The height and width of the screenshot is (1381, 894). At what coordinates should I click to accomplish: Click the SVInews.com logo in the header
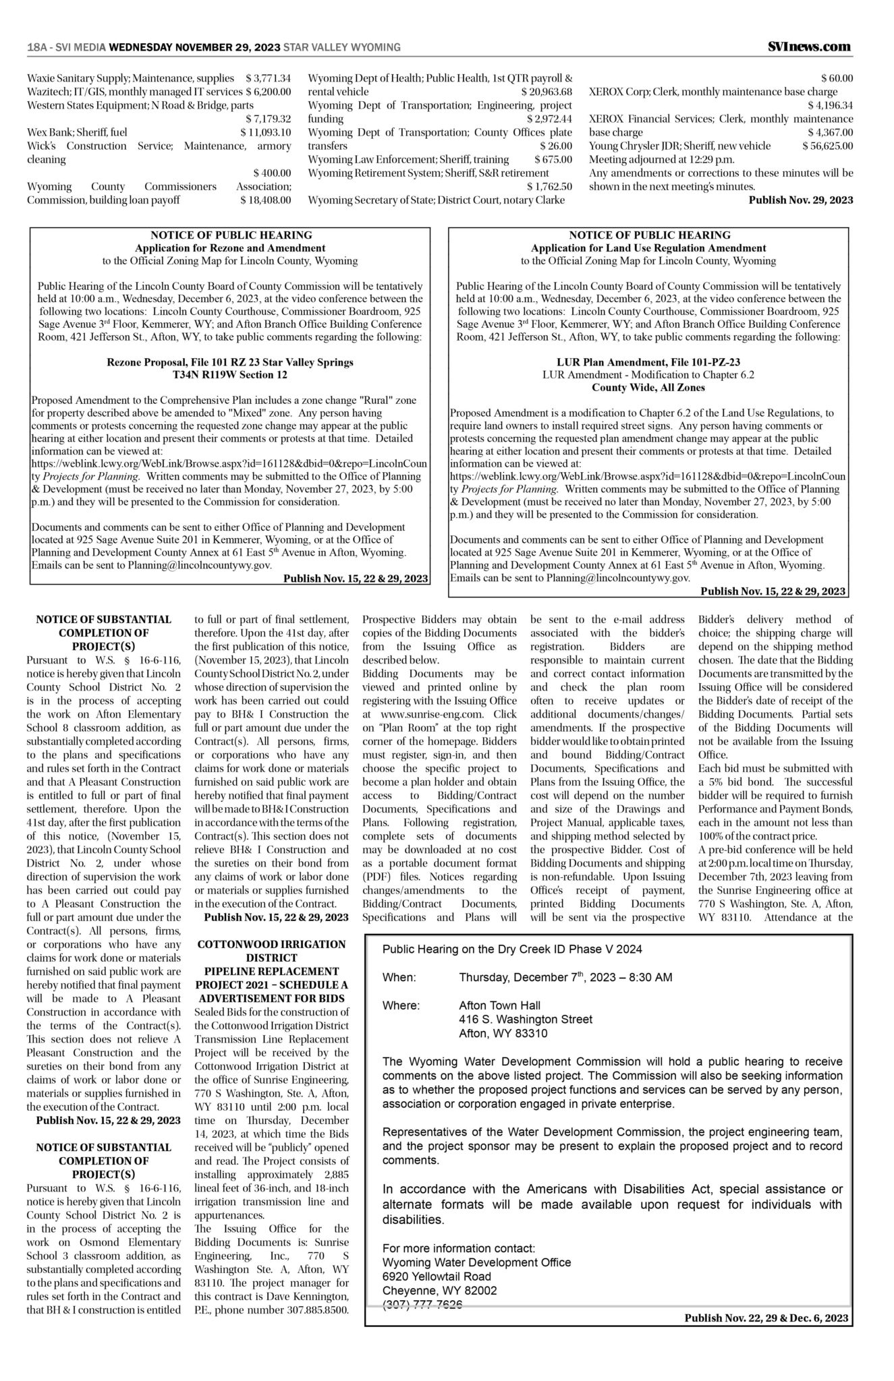(x=809, y=47)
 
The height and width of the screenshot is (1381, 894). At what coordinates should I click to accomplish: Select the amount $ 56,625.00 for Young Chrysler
(x=827, y=146)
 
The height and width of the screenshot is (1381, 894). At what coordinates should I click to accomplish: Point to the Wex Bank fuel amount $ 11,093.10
(x=265, y=132)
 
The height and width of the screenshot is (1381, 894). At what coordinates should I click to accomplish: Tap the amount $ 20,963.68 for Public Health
(x=547, y=92)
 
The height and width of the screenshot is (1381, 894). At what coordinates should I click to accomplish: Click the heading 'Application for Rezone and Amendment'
(x=230, y=248)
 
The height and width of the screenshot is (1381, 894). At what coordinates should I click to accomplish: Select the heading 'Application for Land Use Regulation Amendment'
(x=648, y=248)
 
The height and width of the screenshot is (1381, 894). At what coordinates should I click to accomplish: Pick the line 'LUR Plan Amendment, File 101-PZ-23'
(x=648, y=362)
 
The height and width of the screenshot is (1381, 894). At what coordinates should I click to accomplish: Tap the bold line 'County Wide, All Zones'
(x=648, y=388)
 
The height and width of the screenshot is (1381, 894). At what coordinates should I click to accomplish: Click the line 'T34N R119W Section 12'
(x=230, y=374)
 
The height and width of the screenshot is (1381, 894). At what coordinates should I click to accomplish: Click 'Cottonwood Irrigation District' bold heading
(x=271, y=951)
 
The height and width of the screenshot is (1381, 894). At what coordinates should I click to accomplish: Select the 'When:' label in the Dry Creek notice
(x=399, y=977)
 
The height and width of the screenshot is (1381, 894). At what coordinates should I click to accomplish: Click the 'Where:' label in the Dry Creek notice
(x=401, y=1005)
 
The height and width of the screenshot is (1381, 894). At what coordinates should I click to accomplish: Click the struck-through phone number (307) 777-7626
(x=422, y=1305)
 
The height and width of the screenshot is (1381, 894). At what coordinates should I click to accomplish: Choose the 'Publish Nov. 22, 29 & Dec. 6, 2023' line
(x=766, y=1318)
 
